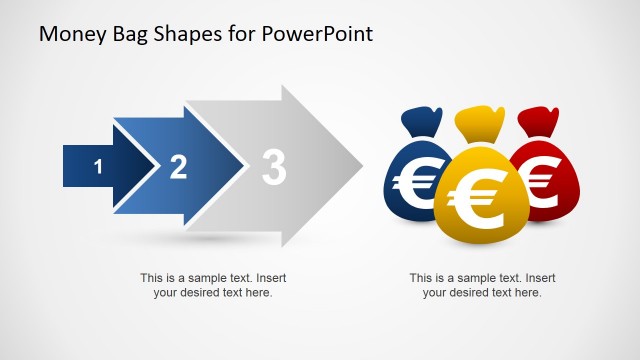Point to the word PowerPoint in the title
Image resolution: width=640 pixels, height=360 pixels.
[318, 34]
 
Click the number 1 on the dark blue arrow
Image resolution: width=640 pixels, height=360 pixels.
[98, 167]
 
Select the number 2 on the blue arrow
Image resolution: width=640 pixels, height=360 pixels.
[178, 167]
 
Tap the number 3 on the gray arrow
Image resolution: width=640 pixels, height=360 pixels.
[273, 167]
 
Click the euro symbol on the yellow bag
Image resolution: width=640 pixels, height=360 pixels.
[475, 201]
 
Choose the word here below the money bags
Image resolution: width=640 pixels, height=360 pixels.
[526, 292]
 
